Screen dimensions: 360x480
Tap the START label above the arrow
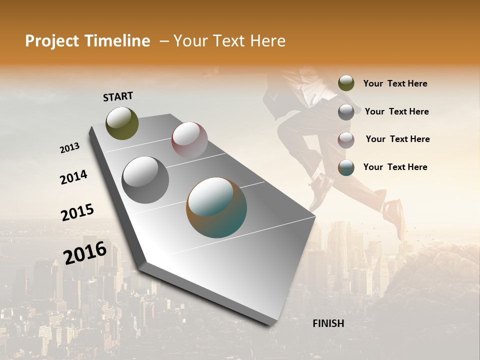[118, 96]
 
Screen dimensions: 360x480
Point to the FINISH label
[328, 323]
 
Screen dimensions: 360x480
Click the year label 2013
[70, 148]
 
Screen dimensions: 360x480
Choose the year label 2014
[73, 177]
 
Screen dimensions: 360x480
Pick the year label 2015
[77, 212]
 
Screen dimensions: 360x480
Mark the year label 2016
[85, 252]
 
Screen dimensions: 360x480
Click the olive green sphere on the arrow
[122, 123]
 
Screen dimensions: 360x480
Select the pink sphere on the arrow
[189, 140]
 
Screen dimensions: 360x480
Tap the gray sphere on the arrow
[145, 179]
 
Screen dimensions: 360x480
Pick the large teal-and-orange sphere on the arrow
[216, 207]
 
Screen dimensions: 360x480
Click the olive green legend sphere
[346, 83]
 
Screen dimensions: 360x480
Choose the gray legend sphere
[346, 112]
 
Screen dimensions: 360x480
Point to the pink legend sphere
[346, 140]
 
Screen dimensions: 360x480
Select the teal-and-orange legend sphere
[346, 167]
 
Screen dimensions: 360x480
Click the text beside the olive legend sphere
[395, 83]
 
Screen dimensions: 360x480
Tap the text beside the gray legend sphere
[396, 111]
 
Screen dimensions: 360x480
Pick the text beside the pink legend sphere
[397, 139]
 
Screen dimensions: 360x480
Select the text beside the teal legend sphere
[395, 167]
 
